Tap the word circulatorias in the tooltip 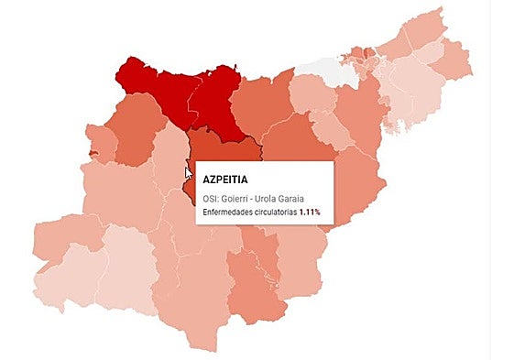279,213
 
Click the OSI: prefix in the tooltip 209,198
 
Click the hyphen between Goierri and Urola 255,198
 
